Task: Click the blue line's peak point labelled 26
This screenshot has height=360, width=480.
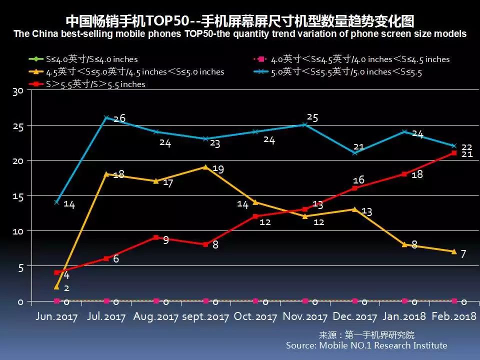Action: pyautogui.click(x=106, y=118)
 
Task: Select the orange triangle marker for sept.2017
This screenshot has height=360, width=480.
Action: pyautogui.click(x=205, y=167)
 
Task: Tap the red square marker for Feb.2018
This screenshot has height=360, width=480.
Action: pyautogui.click(x=454, y=153)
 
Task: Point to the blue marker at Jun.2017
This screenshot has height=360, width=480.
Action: pyautogui.click(x=56, y=202)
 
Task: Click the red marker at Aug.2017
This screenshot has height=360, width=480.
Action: pyautogui.click(x=156, y=237)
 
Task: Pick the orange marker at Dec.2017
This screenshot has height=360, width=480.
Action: pyautogui.click(x=354, y=209)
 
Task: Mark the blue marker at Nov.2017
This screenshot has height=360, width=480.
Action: pyautogui.click(x=305, y=125)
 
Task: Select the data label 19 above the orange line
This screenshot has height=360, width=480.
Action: pyautogui.click(x=217, y=169)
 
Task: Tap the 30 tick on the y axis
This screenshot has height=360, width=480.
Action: pyautogui.click(x=18, y=91)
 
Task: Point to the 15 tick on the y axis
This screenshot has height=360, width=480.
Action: pyautogui.click(x=18, y=195)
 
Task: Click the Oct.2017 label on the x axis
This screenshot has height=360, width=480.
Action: pyautogui.click(x=255, y=316)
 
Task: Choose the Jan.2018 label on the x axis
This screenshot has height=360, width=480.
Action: pyautogui.click(x=404, y=316)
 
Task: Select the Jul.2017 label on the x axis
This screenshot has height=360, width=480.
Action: pyautogui.click(x=106, y=316)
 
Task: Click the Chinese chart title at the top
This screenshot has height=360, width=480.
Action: pyautogui.click(x=240, y=21)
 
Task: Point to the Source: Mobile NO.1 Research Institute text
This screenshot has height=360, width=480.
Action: pyautogui.click(x=366, y=345)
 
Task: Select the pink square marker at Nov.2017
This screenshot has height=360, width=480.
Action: pyautogui.click(x=305, y=300)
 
